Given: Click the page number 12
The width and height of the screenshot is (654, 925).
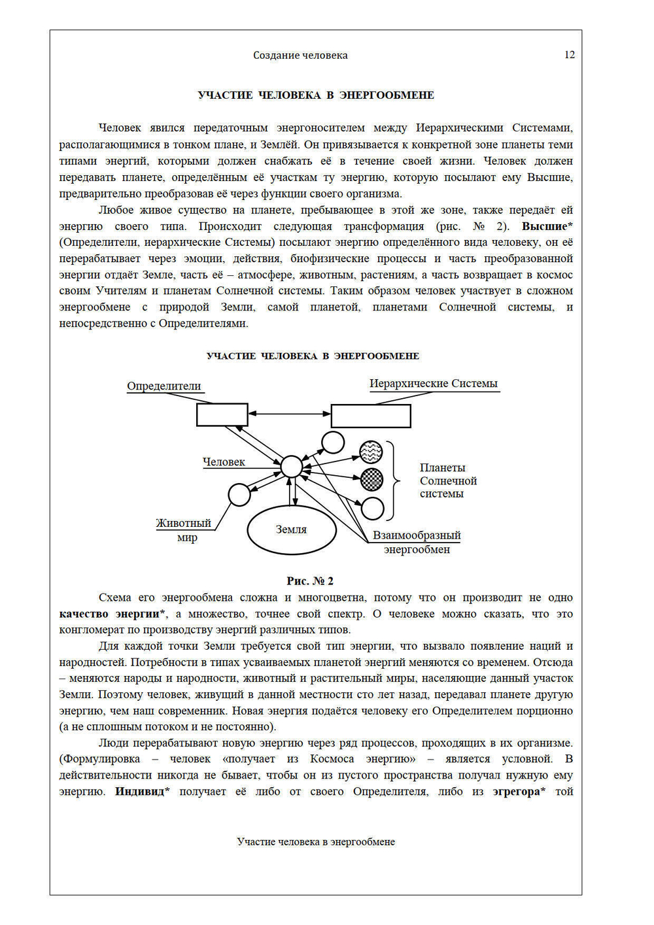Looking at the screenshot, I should (x=569, y=55).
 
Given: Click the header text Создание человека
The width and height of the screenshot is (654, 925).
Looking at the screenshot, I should (x=300, y=56).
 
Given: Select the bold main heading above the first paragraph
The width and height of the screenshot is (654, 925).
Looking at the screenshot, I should (x=316, y=95).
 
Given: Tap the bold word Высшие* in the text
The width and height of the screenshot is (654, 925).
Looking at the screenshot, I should (x=547, y=226).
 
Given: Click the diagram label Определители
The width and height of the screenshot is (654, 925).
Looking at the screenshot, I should (x=164, y=386).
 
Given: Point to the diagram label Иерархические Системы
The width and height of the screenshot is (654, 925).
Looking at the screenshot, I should (x=433, y=384).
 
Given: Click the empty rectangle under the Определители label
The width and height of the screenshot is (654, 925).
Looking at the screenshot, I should (x=222, y=414).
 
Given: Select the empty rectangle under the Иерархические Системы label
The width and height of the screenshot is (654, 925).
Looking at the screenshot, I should (x=371, y=416).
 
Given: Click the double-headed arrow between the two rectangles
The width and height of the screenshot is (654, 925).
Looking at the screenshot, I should (x=289, y=413).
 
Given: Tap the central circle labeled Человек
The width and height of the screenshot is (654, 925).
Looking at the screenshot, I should (x=292, y=467).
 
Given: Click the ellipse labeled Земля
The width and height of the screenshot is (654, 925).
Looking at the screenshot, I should (x=291, y=530).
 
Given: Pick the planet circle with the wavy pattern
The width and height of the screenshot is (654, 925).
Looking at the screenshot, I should (x=371, y=452).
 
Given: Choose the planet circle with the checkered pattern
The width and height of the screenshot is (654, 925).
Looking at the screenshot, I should (x=371, y=479).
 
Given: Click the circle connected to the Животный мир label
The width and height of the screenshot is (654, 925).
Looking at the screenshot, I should (x=239, y=495).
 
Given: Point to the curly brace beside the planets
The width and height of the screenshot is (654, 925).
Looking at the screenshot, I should (x=394, y=480).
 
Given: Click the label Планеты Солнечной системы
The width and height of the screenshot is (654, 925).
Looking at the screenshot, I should (x=448, y=480).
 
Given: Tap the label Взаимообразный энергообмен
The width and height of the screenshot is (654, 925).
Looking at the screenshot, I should (x=417, y=542).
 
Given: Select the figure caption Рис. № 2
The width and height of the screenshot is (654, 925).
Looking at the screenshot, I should (x=310, y=580).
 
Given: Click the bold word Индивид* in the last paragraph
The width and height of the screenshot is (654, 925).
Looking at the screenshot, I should (x=142, y=792).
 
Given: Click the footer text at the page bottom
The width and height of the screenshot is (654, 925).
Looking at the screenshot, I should (x=316, y=842).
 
